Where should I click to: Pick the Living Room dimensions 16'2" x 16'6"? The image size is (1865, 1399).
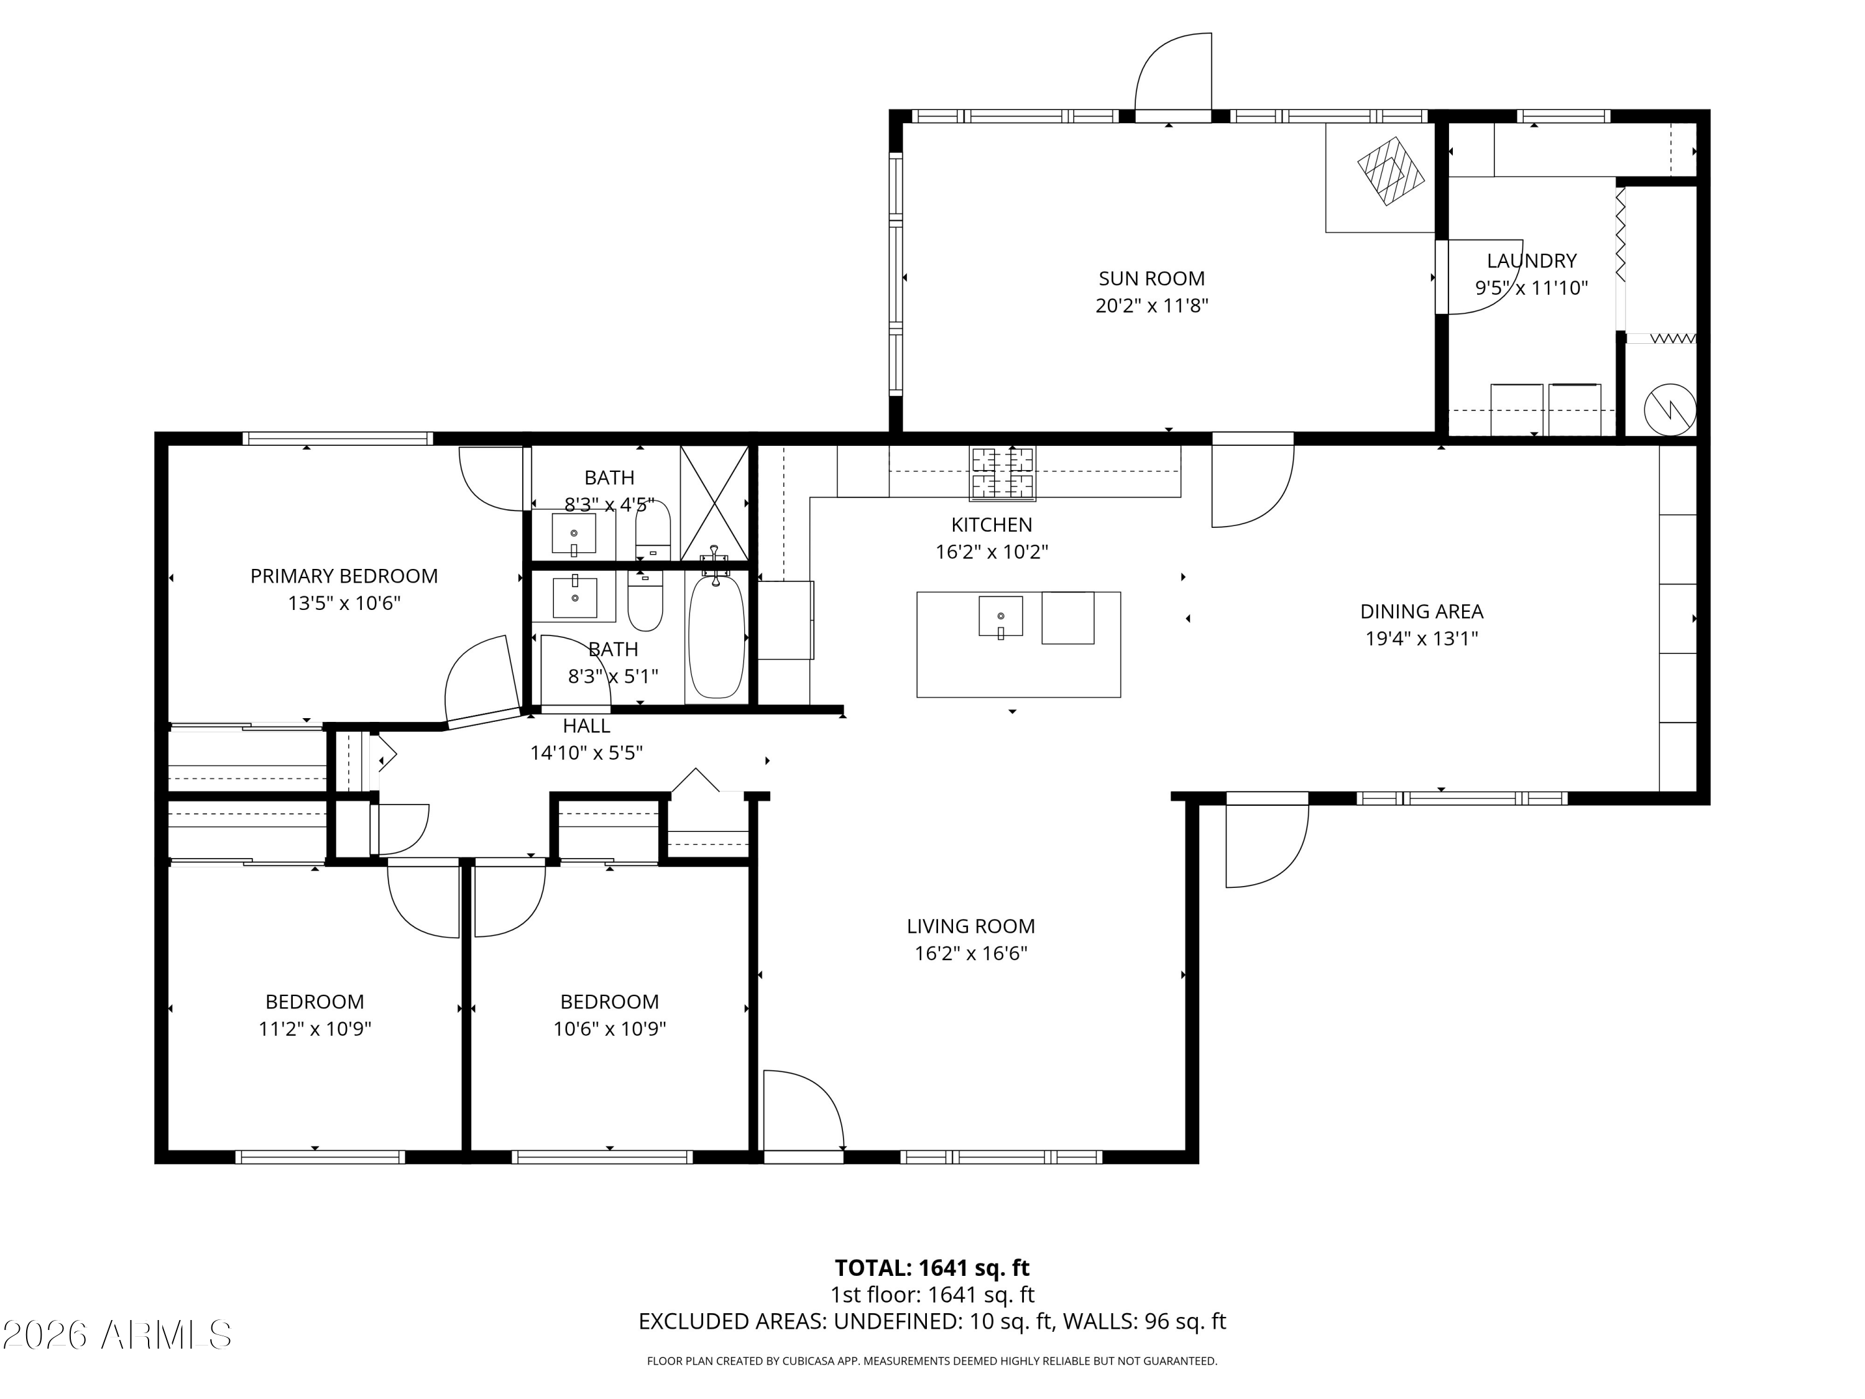971,953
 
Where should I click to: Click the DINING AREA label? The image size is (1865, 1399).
1422,611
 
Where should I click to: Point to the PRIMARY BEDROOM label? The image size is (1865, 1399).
344,576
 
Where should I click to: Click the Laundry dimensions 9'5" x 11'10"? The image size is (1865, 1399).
1531,287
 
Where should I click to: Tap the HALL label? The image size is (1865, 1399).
586,725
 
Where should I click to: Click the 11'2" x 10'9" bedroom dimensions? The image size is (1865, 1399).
315,1029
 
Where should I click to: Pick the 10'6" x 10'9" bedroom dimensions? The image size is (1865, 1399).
610,1029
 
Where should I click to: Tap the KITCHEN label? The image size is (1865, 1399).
992,525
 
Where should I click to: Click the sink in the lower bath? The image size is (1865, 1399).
574,597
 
